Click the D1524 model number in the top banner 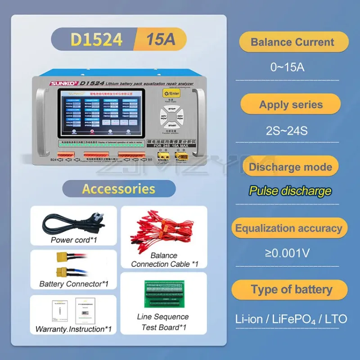[x=96, y=40]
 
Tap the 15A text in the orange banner [x=160, y=40]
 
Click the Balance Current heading [x=292, y=42]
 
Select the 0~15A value [x=287, y=67]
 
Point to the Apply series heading [x=291, y=105]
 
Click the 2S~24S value [x=287, y=131]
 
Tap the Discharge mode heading [x=290, y=167]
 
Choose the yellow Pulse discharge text [x=290, y=191]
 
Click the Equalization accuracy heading [x=288, y=229]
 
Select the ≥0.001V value [x=287, y=253]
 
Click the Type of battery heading [x=292, y=290]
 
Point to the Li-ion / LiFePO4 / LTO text [x=291, y=319]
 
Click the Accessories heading [x=119, y=189]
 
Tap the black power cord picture [x=73, y=222]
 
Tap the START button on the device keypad [x=171, y=125]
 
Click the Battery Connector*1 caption [x=74, y=284]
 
